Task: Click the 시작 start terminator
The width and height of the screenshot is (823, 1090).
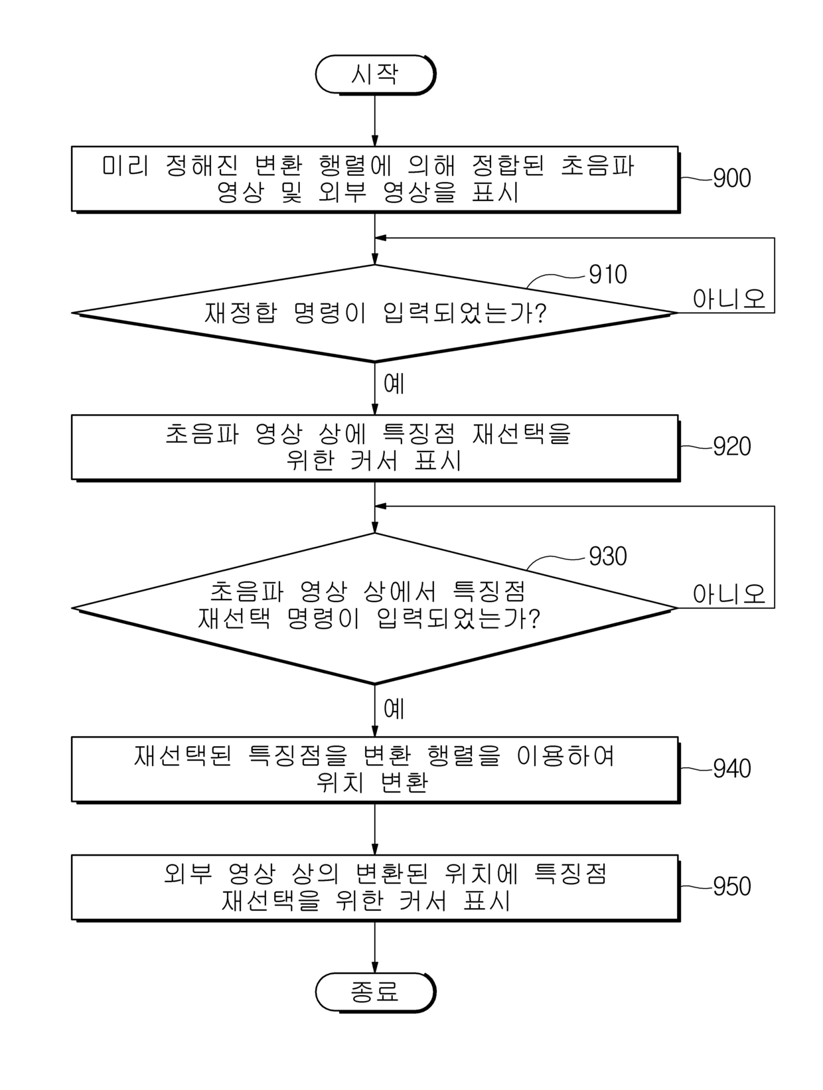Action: pos(375,75)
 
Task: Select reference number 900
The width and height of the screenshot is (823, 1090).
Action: pos(731,179)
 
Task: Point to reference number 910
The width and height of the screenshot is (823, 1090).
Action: pos(607,275)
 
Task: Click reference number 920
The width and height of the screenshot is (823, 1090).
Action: pos(731,447)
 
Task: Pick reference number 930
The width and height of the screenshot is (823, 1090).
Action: pos(607,557)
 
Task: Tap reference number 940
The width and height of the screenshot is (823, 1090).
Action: pos(731,768)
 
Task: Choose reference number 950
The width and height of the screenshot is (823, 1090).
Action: pos(731,886)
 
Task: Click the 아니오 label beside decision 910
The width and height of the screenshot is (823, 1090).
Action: pos(729,299)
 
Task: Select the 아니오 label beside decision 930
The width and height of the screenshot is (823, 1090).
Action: pos(729,594)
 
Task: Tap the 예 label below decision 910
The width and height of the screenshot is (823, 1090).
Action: pos(394,384)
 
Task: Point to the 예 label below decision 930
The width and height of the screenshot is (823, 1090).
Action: pos(394,708)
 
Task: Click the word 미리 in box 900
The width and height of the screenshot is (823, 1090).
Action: pos(125,165)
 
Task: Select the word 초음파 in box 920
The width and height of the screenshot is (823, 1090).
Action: pos(202,433)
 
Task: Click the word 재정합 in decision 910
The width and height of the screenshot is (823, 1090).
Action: pos(240,313)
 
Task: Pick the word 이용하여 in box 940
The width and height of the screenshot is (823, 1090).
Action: pos(565,756)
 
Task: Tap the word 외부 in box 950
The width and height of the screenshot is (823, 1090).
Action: pos(188,874)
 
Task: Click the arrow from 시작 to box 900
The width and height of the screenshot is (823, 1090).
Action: pos(375,121)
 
